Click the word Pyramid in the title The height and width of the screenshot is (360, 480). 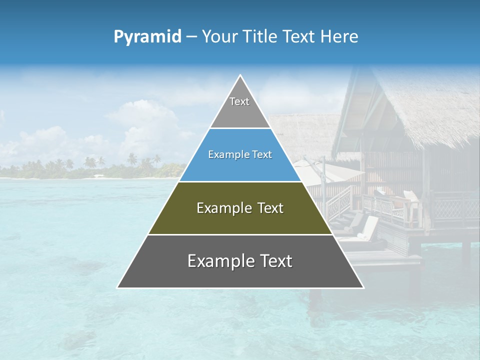[x=147, y=37]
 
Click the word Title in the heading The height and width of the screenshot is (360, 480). [x=262, y=37]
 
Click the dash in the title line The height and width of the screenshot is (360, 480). [x=191, y=37]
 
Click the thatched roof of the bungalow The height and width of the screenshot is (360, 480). [x=425, y=110]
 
